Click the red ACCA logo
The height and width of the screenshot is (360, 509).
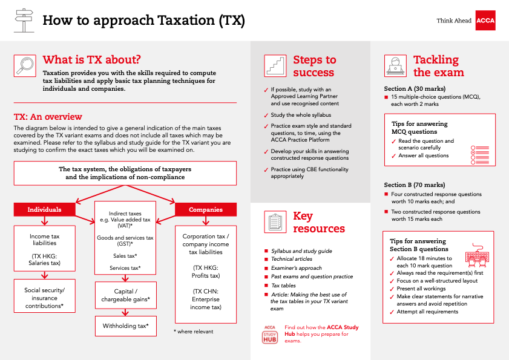(485, 21)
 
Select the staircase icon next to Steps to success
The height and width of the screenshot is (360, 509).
(275, 65)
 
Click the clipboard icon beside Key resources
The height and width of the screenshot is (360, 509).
(275, 222)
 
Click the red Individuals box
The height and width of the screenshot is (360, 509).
(45, 209)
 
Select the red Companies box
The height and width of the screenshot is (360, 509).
(205, 209)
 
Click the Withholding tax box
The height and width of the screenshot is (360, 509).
(125, 326)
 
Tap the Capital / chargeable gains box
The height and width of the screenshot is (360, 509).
(125, 295)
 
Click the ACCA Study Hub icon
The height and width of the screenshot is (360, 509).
(270, 335)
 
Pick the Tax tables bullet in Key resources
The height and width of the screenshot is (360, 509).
(284, 286)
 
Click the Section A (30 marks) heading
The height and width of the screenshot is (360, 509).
(414, 88)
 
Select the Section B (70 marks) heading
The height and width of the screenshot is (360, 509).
(414, 185)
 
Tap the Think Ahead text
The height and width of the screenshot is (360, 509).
(453, 21)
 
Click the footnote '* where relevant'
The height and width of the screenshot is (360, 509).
(193, 331)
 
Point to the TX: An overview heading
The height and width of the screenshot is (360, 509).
(48, 117)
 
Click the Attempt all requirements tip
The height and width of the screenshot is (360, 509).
(427, 312)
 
